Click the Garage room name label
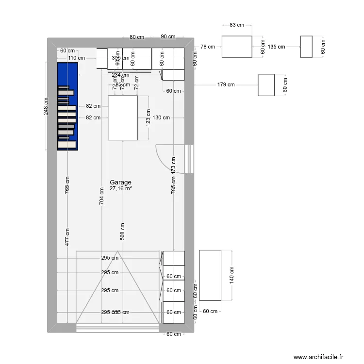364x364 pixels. tap(120, 182)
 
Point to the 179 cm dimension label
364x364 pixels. tap(226, 84)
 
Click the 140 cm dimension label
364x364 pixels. tap(232, 275)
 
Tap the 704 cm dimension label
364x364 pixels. tap(101, 197)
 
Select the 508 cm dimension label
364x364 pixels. tap(123, 232)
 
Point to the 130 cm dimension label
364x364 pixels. tap(161, 117)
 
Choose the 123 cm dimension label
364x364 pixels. tap(148, 118)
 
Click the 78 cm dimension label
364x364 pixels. tap(207, 47)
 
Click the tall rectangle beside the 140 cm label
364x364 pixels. tap(210, 275)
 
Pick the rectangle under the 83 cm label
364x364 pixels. tap(237, 47)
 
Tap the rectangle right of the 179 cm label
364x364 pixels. tap(266, 85)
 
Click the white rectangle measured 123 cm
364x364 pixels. tap(123, 118)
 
